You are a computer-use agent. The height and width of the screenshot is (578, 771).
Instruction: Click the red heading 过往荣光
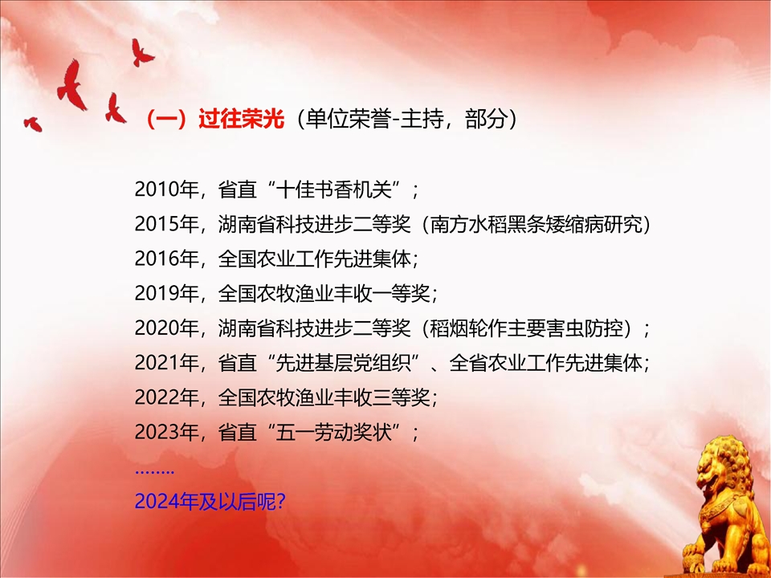click(242, 119)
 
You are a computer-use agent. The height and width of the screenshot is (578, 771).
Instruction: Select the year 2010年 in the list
click(166, 189)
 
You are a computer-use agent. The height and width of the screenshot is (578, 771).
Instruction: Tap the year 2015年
click(166, 224)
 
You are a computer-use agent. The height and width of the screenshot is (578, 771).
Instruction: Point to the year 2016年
click(166, 258)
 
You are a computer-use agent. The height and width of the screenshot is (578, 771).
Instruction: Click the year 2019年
click(166, 294)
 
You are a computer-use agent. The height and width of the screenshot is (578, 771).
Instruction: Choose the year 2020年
click(166, 328)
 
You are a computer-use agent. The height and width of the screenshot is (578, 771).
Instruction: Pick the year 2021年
click(166, 363)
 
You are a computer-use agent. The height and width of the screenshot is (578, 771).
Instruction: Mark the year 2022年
click(166, 397)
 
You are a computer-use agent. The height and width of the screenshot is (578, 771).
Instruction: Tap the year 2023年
click(166, 432)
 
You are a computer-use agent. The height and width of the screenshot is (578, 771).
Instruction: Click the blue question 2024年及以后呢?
click(210, 501)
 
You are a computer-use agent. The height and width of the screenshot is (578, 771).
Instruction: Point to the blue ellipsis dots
click(154, 472)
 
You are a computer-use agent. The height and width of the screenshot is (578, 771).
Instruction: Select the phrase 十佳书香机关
click(333, 189)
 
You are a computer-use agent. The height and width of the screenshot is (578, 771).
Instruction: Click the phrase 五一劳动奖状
click(333, 432)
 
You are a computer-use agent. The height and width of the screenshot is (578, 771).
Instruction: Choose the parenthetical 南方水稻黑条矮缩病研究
click(536, 224)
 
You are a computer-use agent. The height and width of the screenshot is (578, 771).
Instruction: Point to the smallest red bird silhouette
click(33, 124)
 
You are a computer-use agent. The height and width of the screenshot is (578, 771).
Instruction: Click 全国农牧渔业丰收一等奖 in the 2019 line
click(324, 294)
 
